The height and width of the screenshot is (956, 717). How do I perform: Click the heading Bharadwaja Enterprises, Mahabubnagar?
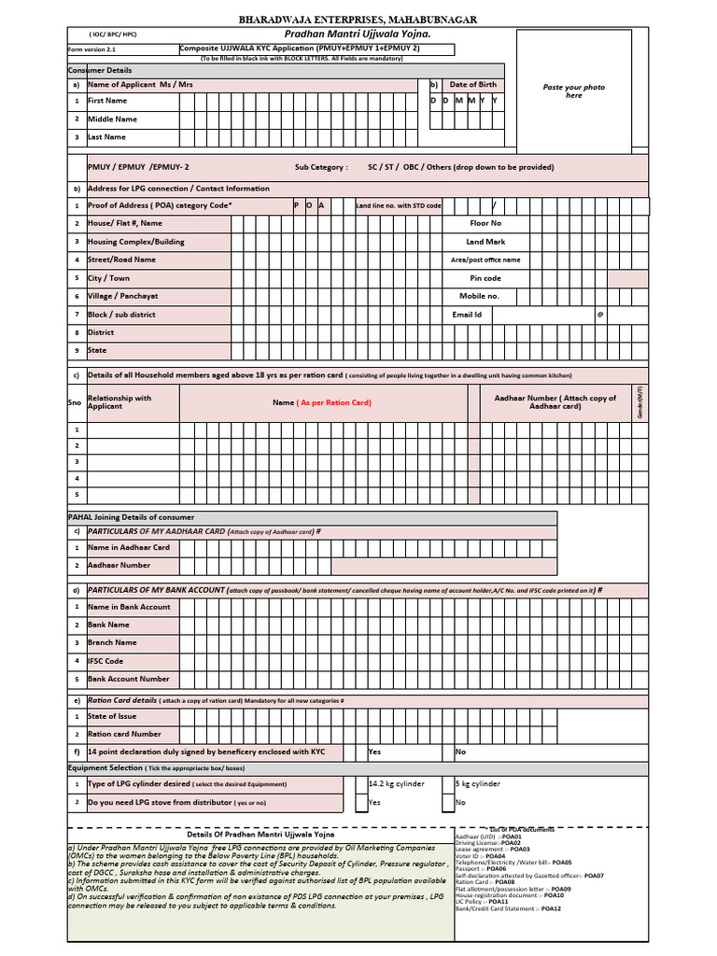[358, 19]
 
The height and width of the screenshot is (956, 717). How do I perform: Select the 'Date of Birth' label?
[472, 84]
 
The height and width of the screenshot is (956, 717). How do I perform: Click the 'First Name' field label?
[107, 101]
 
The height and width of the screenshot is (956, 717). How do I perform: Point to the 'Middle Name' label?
[112, 119]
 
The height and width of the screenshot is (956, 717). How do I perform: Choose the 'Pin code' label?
[485, 278]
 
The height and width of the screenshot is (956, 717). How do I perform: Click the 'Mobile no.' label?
[479, 296]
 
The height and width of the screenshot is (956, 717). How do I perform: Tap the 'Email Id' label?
[466, 315]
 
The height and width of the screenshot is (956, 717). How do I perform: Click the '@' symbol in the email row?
[600, 315]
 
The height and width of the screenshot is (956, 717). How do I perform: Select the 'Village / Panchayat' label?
[122, 296]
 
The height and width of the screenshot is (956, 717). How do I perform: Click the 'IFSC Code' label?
[105, 661]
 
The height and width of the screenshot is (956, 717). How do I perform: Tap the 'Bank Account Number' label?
[129, 679]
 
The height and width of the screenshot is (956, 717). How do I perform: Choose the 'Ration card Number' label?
[124, 734]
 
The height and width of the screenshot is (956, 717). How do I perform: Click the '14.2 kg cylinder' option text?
[398, 784]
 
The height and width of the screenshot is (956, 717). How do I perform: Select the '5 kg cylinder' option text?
[477, 784]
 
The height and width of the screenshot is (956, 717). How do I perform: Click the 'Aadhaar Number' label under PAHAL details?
[119, 565]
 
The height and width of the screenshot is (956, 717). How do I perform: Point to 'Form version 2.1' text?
[91, 49]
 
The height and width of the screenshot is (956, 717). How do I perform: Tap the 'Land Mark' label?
[485, 242]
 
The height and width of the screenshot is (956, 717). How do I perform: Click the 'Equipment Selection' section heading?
[105, 767]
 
